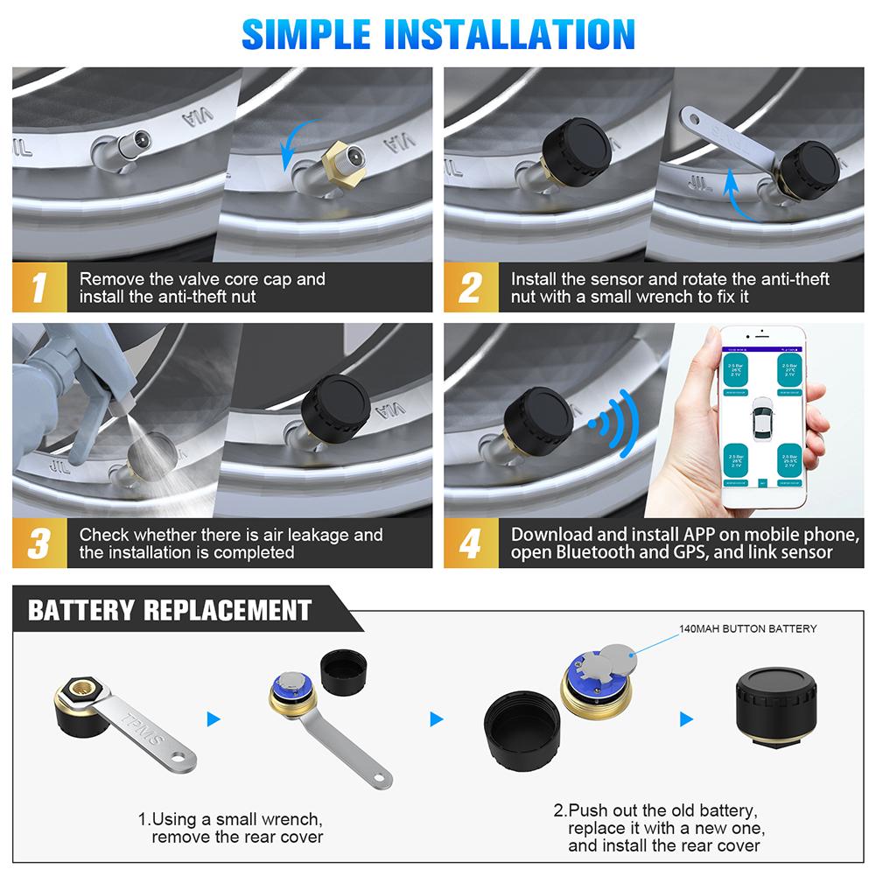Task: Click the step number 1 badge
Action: tap(37, 287)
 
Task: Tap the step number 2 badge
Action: tap(469, 287)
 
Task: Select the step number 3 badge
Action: tap(37, 543)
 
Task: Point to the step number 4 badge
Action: tap(469, 543)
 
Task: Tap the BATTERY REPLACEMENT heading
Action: tap(170, 609)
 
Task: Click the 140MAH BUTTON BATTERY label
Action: tap(747, 628)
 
